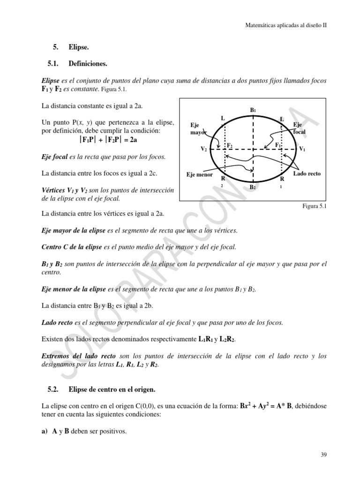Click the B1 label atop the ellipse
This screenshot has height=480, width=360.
pyautogui.click(x=253, y=110)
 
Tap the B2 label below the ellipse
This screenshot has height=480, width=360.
pyautogui.click(x=253, y=187)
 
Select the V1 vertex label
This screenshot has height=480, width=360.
pyautogui.click(x=303, y=149)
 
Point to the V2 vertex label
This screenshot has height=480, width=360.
pyautogui.click(x=204, y=149)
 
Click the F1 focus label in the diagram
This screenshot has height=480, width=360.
pyautogui.click(x=278, y=145)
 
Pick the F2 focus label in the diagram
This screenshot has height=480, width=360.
pyautogui.click(x=230, y=146)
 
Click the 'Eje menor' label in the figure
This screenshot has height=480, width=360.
pyautogui.click(x=199, y=174)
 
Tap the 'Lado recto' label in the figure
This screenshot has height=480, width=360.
pyautogui.click(x=307, y=173)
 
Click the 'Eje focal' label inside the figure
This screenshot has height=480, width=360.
pyautogui.click(x=300, y=128)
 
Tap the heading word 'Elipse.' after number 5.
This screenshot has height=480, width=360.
pyautogui.click(x=79, y=47)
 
